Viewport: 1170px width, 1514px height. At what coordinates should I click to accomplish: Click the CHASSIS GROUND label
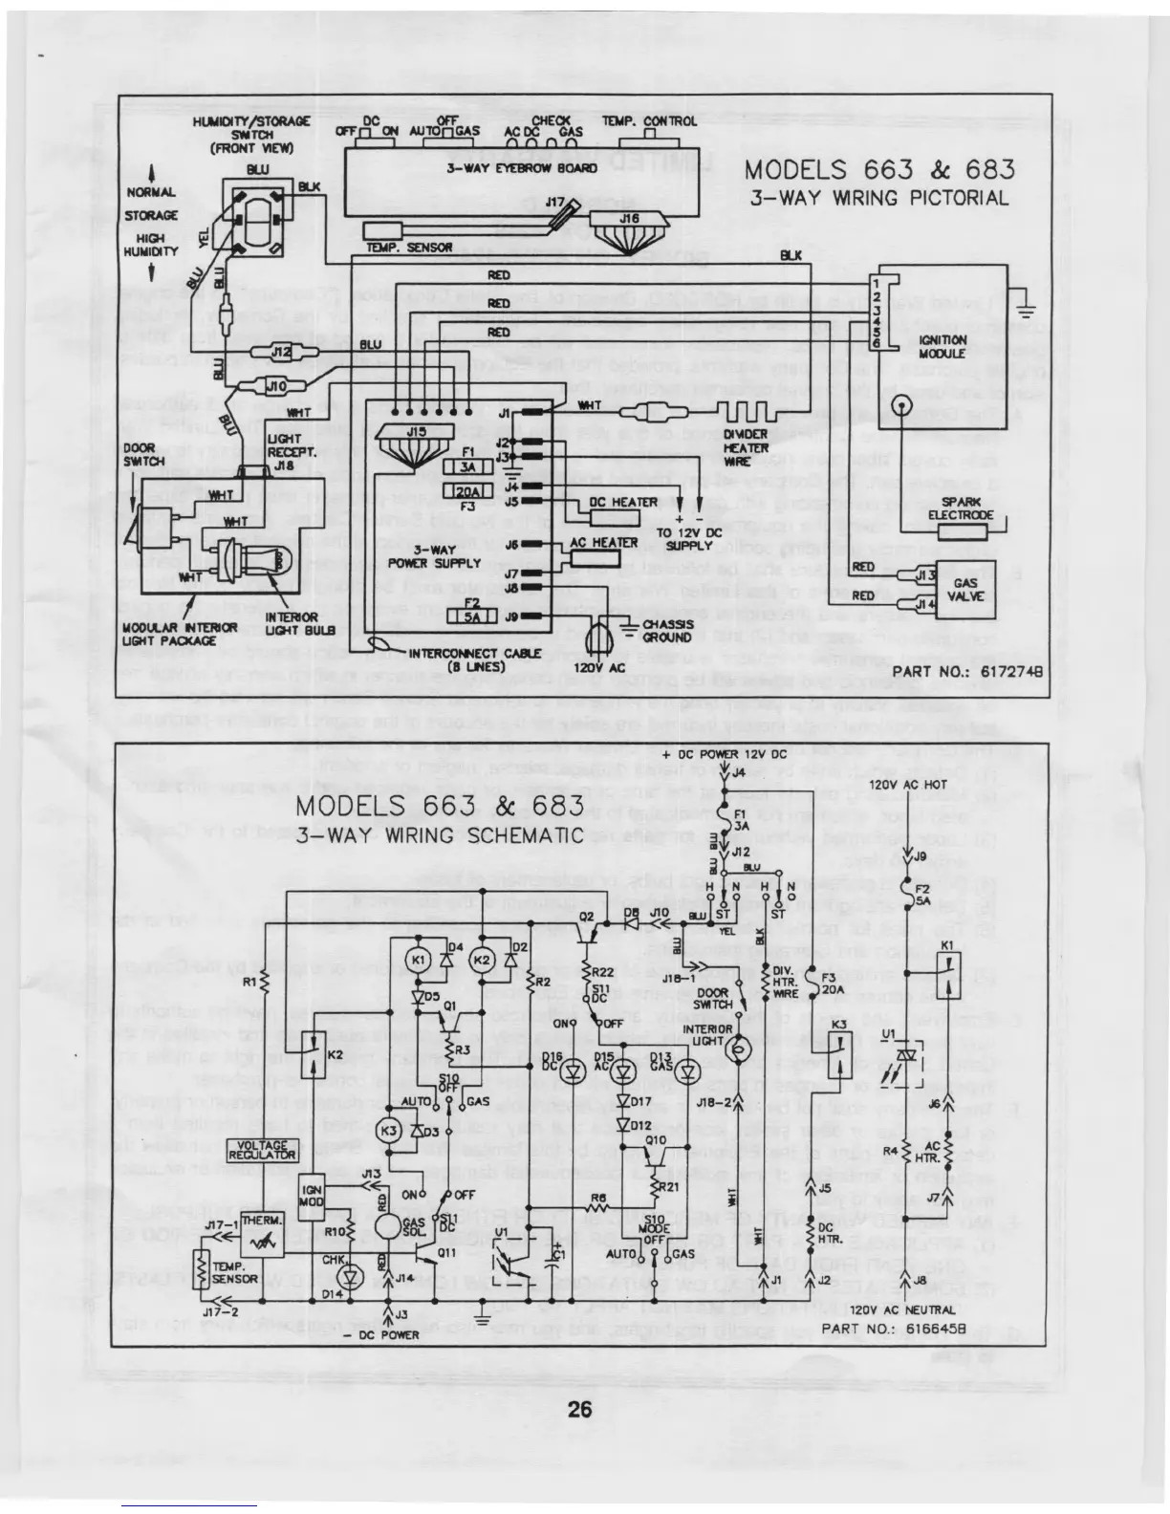[x=666, y=630]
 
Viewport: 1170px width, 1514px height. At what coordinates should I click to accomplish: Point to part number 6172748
[x=964, y=673]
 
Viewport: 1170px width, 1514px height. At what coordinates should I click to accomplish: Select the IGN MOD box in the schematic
[x=313, y=1195]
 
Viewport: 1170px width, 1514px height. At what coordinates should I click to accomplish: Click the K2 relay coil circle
[x=482, y=959]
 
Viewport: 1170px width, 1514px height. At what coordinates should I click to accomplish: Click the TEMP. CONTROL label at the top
[x=649, y=121]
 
